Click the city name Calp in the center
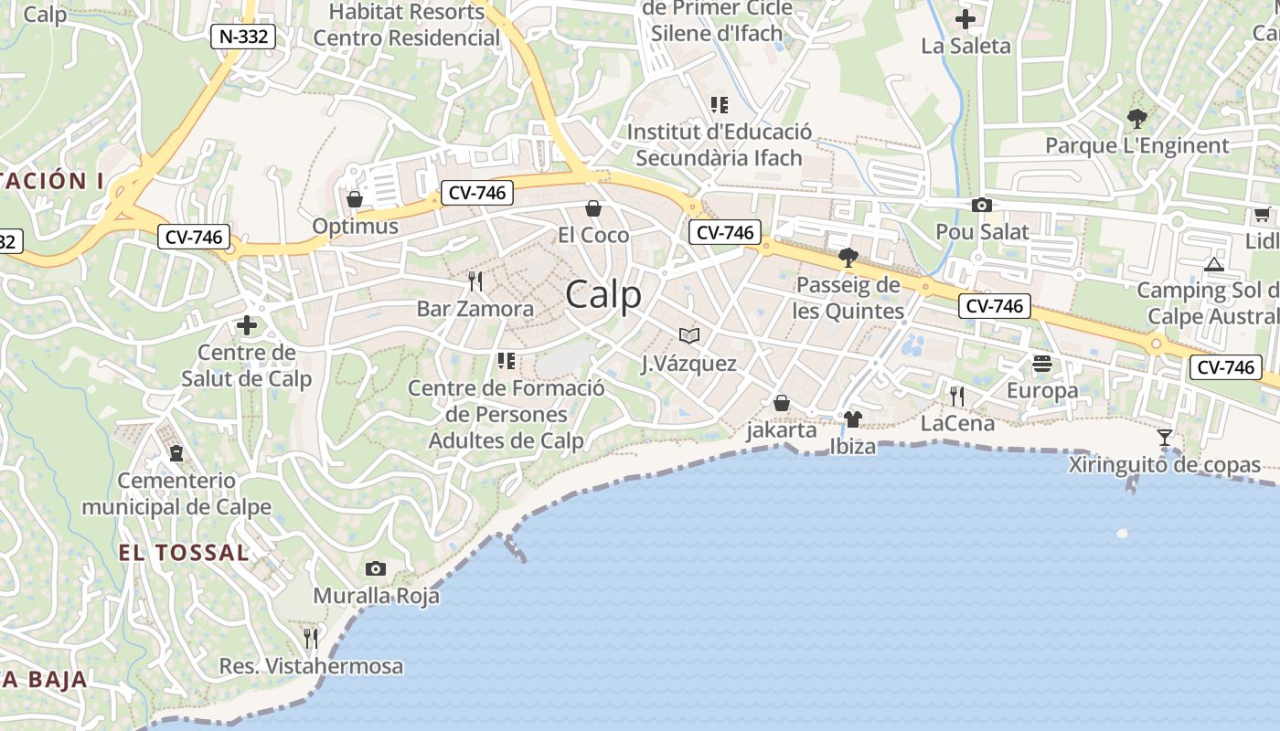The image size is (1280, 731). coord(603,295)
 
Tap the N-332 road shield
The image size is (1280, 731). coord(242,37)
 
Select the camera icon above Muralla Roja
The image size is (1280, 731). coord(375,568)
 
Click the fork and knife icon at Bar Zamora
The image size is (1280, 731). coord(475,281)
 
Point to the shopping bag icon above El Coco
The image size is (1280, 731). coord(592,208)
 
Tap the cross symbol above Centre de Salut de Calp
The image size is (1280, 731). coord(246,325)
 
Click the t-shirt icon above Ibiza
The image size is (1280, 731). coord(852,419)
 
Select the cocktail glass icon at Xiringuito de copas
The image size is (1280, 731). coord(1164,438)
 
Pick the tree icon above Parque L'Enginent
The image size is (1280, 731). coord(1136,118)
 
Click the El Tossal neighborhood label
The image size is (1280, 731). coord(183,553)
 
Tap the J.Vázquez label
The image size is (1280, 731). coord(688,364)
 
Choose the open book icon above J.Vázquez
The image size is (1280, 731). coord(688,336)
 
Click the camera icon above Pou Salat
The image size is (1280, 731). coord(981,205)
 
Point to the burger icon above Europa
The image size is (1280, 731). coord(1041,364)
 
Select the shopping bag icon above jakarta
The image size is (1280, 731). coord(781,403)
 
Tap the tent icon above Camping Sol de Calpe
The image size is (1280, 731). coord(1213,265)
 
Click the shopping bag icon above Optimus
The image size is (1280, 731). coord(355,198)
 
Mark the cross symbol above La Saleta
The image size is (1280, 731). coord(965,19)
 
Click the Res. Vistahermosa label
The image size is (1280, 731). coord(311,666)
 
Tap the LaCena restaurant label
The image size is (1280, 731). coord(957,423)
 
